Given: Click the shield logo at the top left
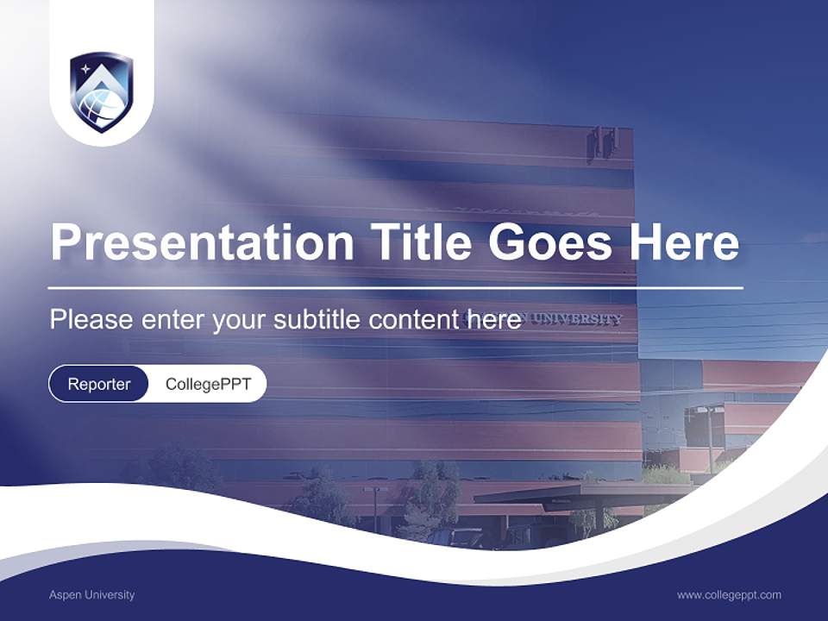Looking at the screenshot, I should click(101, 92).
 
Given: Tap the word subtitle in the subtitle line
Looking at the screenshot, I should click(318, 319).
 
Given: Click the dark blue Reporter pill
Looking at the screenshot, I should click(99, 384).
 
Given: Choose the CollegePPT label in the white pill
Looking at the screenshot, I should click(208, 384).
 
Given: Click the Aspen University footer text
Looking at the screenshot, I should click(91, 594).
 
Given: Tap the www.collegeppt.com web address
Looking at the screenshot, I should click(729, 594).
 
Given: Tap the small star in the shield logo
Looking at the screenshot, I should click(85, 68).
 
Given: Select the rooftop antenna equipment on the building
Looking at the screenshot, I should click(603, 141).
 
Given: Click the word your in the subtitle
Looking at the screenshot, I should click(241, 320).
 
